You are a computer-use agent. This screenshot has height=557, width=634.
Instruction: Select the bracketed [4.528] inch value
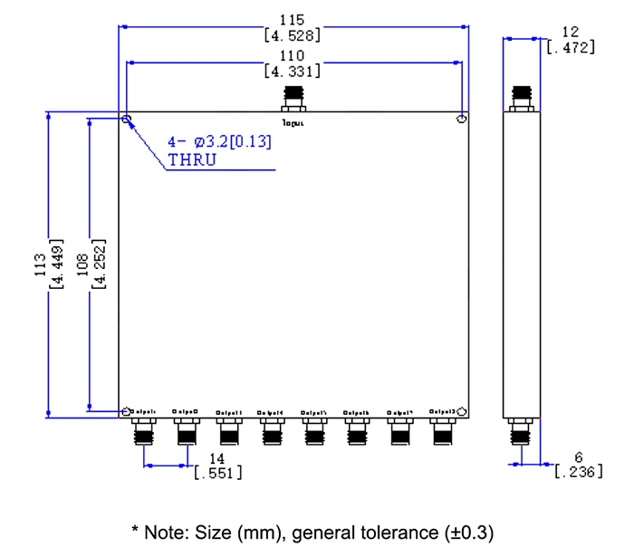pyautogui.click(x=292, y=36)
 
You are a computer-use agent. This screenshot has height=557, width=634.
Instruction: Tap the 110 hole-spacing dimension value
pyautogui.click(x=292, y=54)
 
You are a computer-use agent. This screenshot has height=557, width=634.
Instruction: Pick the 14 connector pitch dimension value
pyautogui.click(x=217, y=459)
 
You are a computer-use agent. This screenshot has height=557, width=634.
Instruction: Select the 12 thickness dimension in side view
pyautogui.click(x=571, y=32)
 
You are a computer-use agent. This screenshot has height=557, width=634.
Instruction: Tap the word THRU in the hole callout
pyautogui.click(x=191, y=160)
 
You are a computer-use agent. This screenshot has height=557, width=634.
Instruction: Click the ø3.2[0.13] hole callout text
pyautogui.click(x=232, y=142)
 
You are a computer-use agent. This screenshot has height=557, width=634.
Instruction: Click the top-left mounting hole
pyautogui.click(x=127, y=120)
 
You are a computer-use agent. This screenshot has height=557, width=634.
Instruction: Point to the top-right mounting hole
pyautogui.click(x=462, y=120)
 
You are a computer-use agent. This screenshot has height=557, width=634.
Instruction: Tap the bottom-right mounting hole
pyautogui.click(x=462, y=411)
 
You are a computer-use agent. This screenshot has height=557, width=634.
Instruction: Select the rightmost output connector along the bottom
pyautogui.click(x=442, y=431)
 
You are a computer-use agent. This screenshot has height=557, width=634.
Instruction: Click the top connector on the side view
pyautogui.click(x=520, y=98)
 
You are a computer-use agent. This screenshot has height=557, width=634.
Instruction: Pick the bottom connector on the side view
pyautogui.click(x=520, y=432)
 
